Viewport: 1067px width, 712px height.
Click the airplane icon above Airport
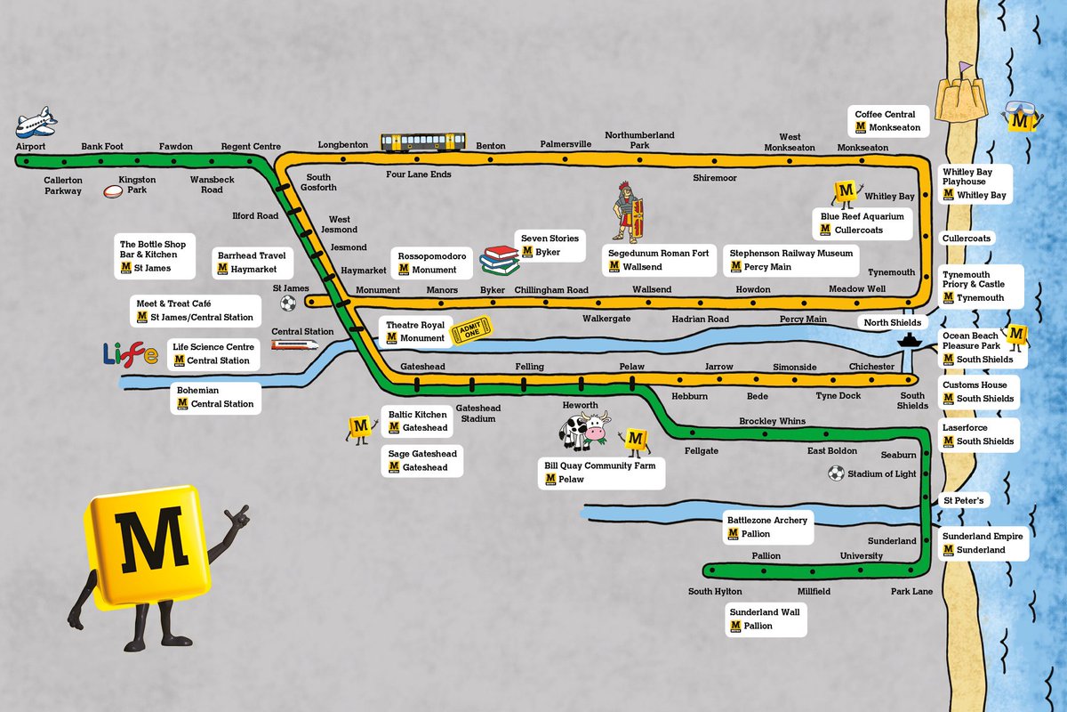[36, 121]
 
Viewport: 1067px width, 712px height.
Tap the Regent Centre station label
[251, 147]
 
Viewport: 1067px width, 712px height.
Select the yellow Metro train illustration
[423, 142]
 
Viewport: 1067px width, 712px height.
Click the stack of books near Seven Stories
[498, 260]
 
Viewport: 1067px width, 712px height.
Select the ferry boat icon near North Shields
[908, 340]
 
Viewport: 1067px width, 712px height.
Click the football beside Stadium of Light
[835, 473]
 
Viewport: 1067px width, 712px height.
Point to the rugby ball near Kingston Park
[113, 190]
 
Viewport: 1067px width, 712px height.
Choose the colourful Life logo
[131, 354]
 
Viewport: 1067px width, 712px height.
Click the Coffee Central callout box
[888, 121]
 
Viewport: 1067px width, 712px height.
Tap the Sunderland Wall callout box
[766, 619]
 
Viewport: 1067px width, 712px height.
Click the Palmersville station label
[566, 143]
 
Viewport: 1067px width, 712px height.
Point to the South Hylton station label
[715, 592]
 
